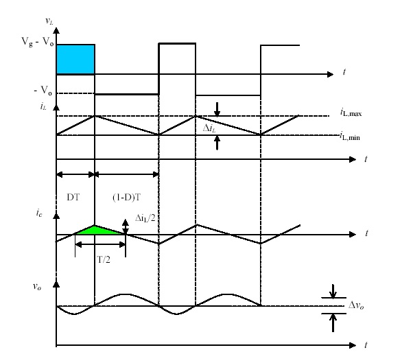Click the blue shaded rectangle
(x=75, y=59)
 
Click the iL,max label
(x=353, y=111)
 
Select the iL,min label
(x=353, y=137)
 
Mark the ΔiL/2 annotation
(x=143, y=215)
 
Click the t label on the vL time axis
(x=342, y=71)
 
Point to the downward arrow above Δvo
(x=333, y=293)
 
